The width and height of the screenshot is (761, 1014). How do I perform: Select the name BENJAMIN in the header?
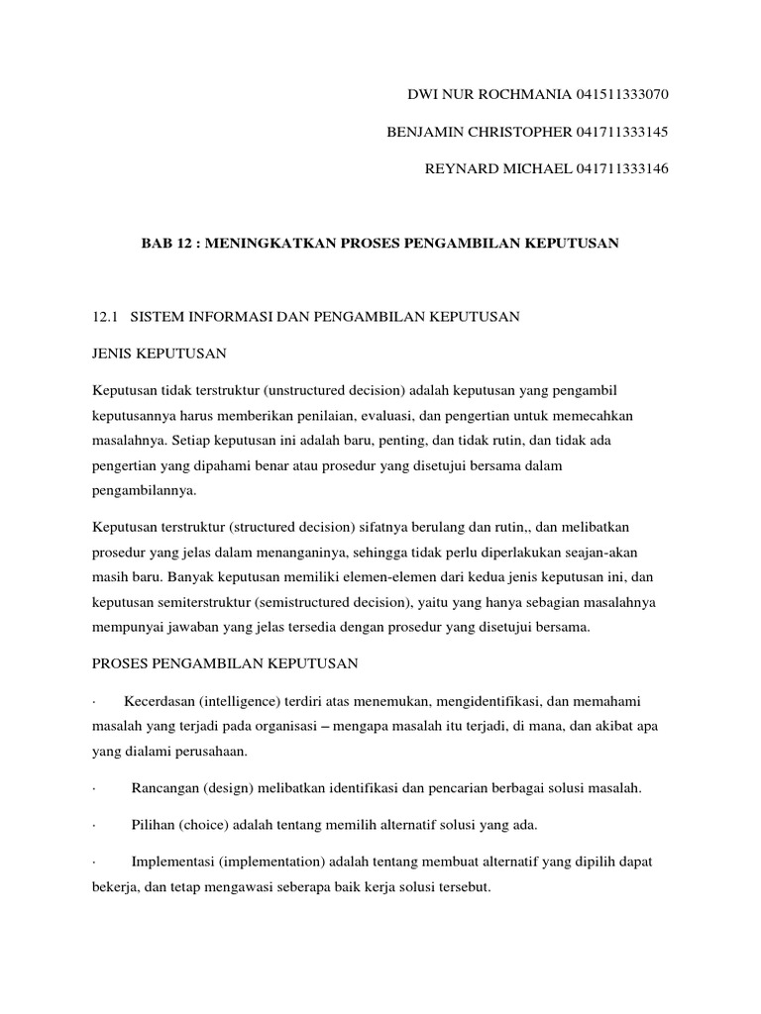click(x=415, y=132)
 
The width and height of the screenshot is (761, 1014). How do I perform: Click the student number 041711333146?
click(x=621, y=169)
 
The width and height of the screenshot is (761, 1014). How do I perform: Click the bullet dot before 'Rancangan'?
click(x=92, y=789)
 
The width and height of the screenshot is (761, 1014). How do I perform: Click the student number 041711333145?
click(x=621, y=132)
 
